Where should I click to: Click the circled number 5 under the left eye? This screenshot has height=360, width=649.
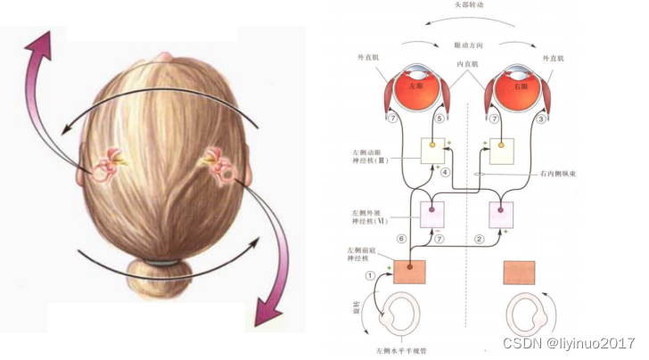click(x=440, y=119)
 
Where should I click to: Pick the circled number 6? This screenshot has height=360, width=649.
click(x=401, y=239)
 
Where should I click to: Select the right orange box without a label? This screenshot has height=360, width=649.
click(x=519, y=272)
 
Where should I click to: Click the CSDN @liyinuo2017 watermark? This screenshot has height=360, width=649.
click(x=567, y=343)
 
